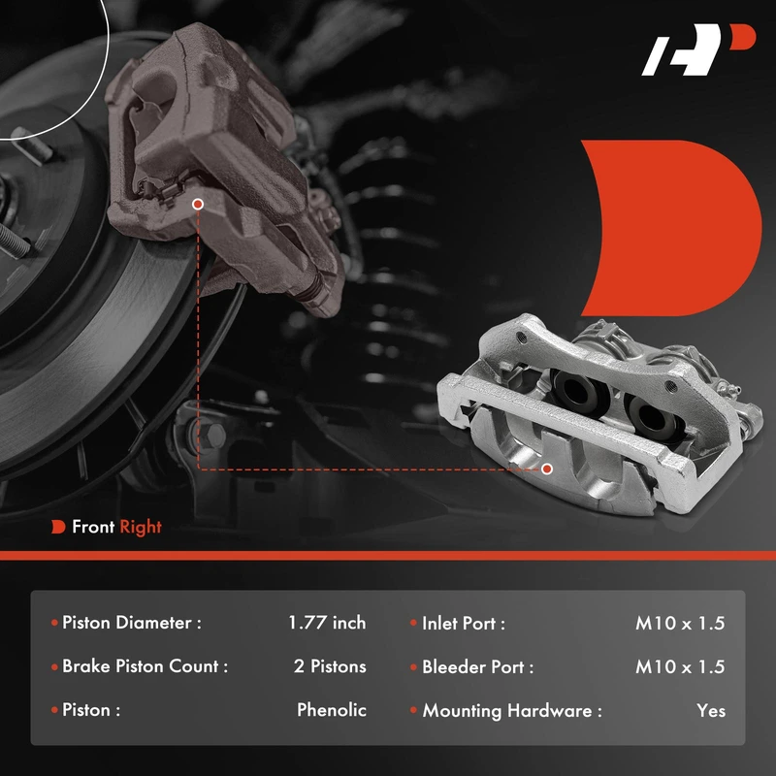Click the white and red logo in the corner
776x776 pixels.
coord(697,49)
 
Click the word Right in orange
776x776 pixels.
coord(141,528)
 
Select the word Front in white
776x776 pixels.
coord(93,527)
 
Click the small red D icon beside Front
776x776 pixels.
coord(58,527)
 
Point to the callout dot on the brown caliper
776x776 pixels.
coord(198,204)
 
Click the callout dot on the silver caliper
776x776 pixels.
coord(547,469)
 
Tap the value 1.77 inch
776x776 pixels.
coord(327,623)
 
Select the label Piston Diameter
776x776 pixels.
coord(132,623)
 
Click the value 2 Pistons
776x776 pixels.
coord(330,666)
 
